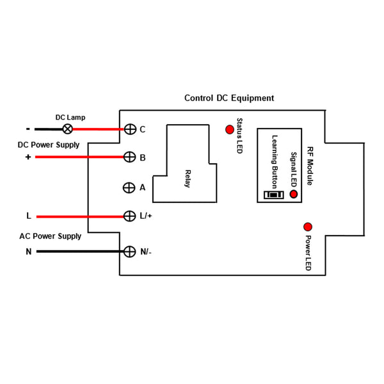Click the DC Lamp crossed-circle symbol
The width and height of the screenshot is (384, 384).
[68, 129]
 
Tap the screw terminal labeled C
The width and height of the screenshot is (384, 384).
[130, 129]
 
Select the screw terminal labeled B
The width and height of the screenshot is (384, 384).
[129, 157]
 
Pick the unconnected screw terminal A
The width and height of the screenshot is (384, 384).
[129, 188]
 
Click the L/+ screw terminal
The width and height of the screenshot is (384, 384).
[129, 216]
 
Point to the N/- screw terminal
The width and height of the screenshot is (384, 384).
[129, 252]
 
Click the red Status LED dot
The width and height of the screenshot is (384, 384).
[230, 129]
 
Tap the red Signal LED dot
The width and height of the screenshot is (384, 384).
[293, 194]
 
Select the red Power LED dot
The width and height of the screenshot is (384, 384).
[308, 227]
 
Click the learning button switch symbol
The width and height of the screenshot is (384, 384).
[274, 195]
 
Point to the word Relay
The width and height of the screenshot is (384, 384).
[188, 179]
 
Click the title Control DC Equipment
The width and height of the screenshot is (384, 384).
[229, 98]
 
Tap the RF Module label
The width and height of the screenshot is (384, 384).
[310, 166]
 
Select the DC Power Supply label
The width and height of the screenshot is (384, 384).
[49, 145]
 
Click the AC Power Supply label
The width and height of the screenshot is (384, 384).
[50, 236]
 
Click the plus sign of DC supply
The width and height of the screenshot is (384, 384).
[28, 157]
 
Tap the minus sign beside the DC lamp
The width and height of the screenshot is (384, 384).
[28, 129]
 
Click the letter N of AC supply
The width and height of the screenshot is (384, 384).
[29, 252]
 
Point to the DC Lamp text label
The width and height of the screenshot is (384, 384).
[70, 118]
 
